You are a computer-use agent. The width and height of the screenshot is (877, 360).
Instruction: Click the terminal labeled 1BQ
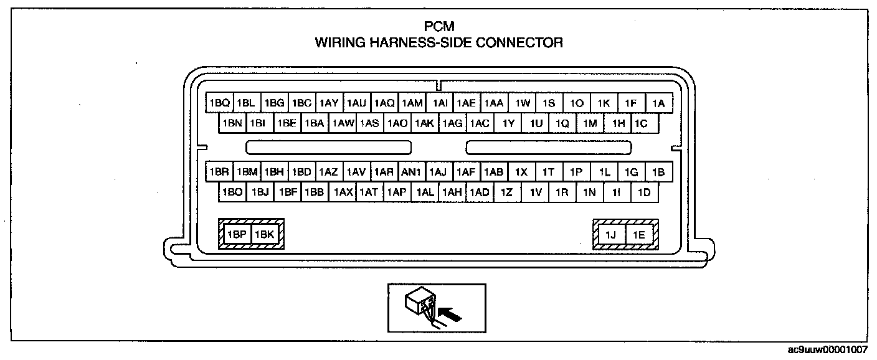220,103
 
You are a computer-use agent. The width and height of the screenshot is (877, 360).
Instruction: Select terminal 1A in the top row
658,103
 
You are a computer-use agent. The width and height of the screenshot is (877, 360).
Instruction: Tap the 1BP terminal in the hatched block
237,235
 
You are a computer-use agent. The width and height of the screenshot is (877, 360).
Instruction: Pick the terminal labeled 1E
639,235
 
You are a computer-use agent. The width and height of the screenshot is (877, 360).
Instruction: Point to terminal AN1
412,172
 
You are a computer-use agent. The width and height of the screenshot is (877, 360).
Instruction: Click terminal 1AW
343,123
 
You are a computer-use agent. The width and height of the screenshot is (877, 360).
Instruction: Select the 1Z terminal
506,192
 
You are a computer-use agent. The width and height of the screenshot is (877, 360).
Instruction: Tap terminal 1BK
264,235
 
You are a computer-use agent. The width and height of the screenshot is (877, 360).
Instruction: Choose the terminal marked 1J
610,235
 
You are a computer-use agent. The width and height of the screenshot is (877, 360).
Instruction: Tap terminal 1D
645,192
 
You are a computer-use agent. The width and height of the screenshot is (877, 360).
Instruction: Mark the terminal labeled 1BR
220,172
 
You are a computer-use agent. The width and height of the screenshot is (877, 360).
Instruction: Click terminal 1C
642,123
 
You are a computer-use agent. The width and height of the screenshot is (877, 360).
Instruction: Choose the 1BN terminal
232,123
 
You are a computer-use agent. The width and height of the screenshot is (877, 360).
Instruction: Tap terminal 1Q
562,123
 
